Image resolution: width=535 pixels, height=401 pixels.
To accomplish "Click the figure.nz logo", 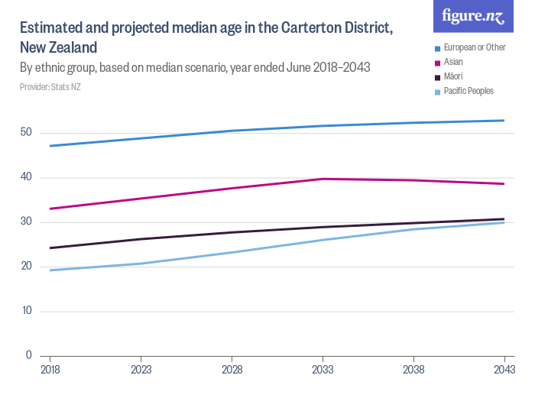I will [x=473, y=17].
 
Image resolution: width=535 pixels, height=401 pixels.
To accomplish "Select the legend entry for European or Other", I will [x=475, y=47].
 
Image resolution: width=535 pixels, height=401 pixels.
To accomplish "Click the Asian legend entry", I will [x=455, y=62].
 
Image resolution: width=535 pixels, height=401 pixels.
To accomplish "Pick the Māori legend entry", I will [x=454, y=76].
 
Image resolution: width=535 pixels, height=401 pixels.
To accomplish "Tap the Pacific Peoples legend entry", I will [x=468, y=91].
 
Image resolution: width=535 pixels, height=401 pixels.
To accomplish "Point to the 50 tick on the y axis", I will [x=26, y=133].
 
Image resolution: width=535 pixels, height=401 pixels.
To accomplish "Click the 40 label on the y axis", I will [x=26, y=177].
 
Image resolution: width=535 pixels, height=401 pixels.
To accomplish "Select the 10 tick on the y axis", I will [x=26, y=311].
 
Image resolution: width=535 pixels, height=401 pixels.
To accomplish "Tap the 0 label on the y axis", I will [x=28, y=355].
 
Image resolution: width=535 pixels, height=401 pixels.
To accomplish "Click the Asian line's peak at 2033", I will [x=323, y=179].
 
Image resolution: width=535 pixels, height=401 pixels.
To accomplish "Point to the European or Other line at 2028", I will [x=232, y=131].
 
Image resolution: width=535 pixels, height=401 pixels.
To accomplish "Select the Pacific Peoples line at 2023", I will [x=141, y=264].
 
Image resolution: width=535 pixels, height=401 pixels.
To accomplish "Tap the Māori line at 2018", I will [x=50, y=247].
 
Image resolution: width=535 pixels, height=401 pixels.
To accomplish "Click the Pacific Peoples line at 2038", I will [x=413, y=229].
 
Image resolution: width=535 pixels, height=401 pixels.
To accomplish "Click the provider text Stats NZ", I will [x=50, y=87].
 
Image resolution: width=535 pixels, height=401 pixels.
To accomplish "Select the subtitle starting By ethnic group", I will [x=195, y=67].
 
